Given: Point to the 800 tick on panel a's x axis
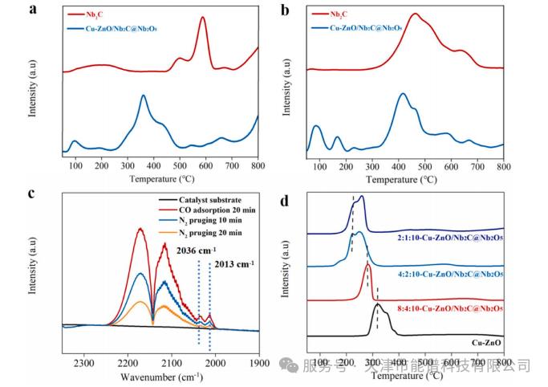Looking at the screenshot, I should pyautogui.click(x=257, y=165).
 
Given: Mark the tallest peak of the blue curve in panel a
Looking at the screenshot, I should pyautogui.click(x=143, y=96).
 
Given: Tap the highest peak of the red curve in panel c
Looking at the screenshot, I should pyautogui.click(x=140, y=229).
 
